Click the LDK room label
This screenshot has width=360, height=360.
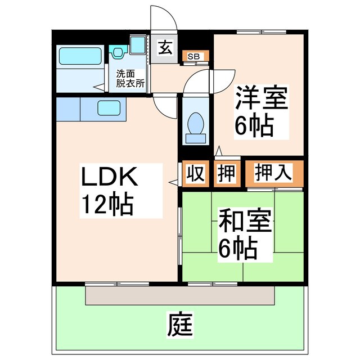[x=110, y=178]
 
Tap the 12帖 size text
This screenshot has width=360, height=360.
[x=108, y=205]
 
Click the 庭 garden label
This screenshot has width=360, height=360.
[x=179, y=325]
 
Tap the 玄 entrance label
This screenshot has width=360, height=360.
[x=165, y=48]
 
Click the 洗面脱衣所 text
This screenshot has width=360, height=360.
[x=130, y=78]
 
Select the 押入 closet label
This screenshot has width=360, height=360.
[x=273, y=173]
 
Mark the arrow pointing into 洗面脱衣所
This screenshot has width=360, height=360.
[x=98, y=87]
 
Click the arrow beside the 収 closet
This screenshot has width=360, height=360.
[x=174, y=182]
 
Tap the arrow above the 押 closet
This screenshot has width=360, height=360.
[x=219, y=151]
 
